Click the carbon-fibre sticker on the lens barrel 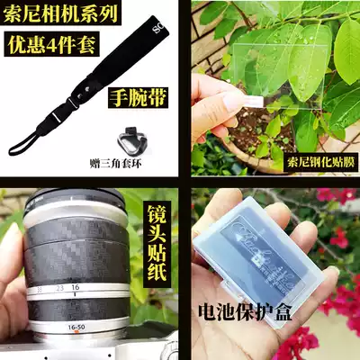point(76,243)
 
